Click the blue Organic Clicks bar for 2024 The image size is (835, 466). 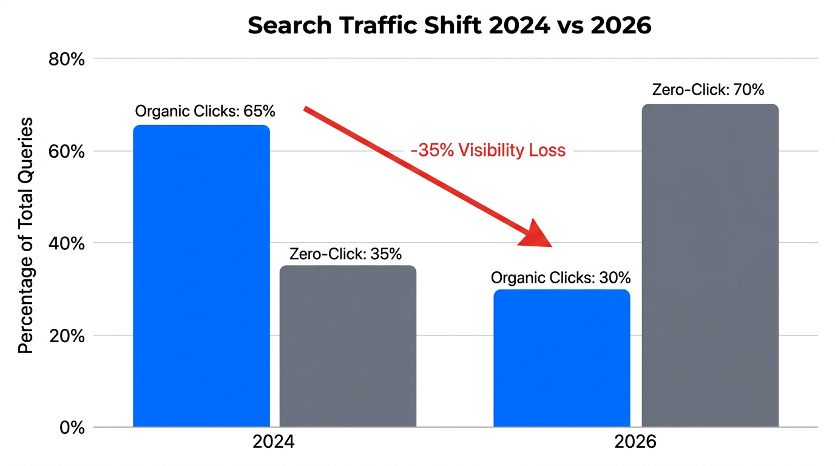[x=201, y=276]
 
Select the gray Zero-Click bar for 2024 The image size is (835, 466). [x=348, y=346]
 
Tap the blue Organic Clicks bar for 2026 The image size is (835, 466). [x=561, y=358]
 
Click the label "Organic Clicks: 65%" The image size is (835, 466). [x=205, y=112]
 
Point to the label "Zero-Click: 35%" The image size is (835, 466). [x=345, y=254]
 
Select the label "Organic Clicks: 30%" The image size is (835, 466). [x=561, y=278]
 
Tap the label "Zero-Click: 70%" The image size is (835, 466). [x=708, y=90]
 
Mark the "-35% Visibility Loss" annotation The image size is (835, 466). [x=488, y=150]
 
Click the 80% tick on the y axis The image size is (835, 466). [x=67, y=59]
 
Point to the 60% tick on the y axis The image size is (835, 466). [x=67, y=151]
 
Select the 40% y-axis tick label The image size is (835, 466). [x=67, y=243]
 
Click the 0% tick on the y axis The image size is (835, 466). [x=72, y=427]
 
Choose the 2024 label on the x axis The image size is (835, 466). [x=274, y=442]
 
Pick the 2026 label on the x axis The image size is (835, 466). [x=635, y=442]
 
